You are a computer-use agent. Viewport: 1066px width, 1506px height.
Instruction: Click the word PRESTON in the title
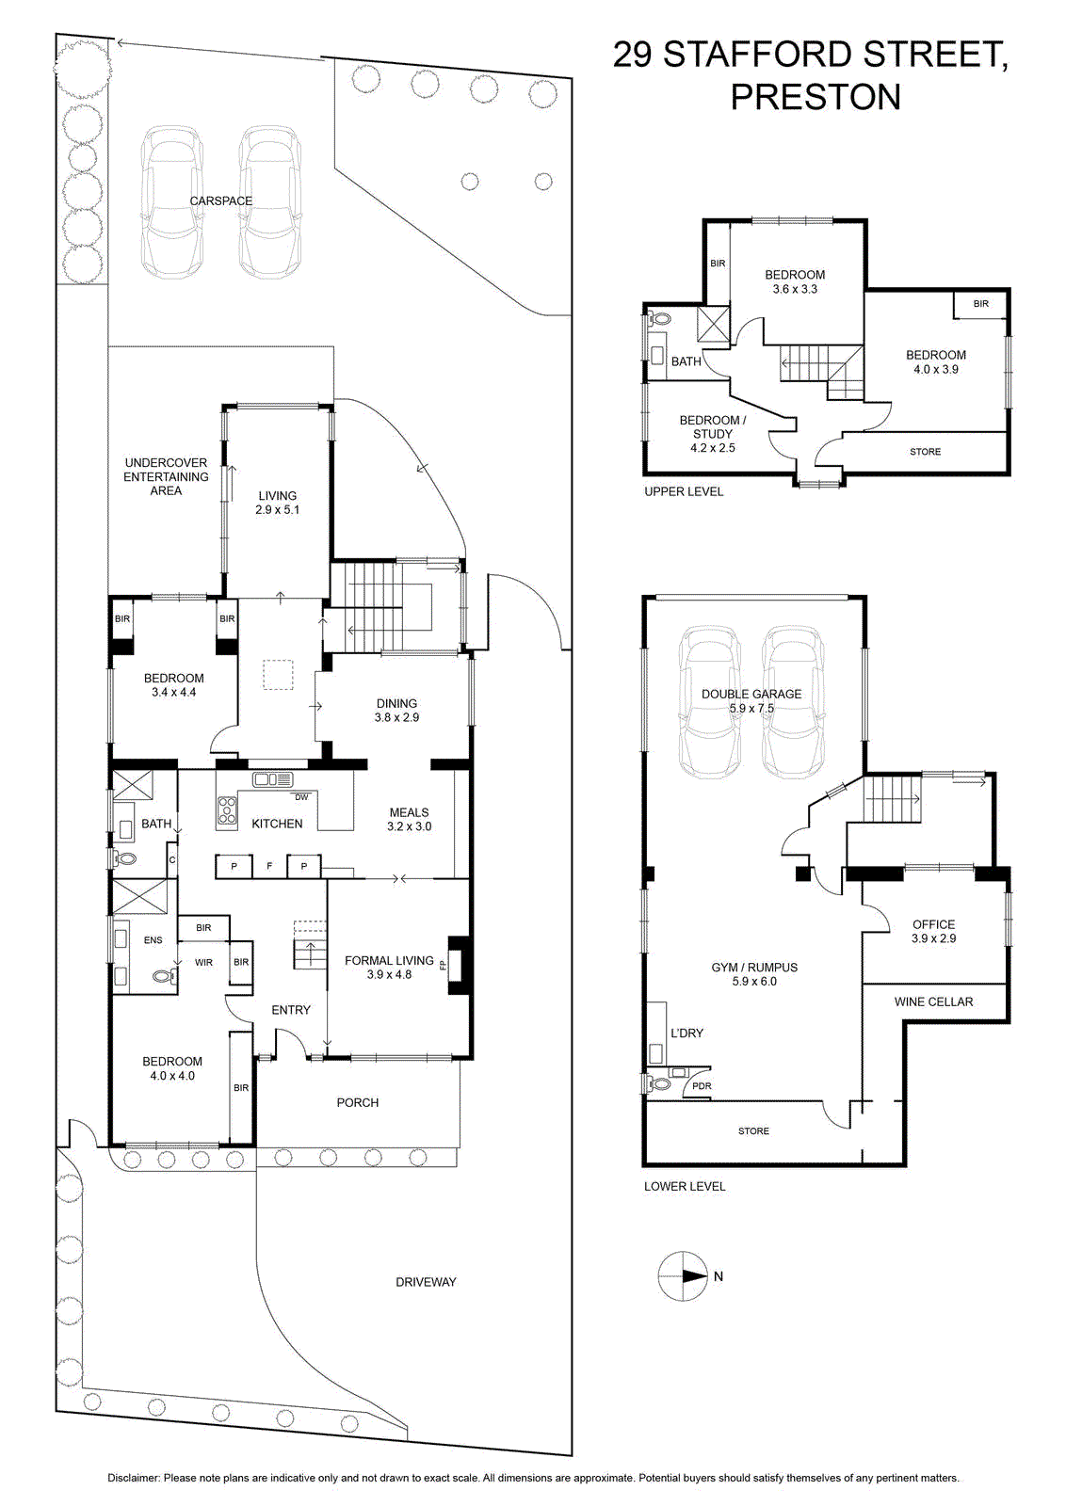click(816, 97)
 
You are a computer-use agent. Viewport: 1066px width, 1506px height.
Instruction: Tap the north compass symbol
click(683, 1276)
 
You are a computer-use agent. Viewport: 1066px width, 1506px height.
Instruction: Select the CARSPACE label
click(220, 201)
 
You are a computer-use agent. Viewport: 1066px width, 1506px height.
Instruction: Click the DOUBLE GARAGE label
click(751, 694)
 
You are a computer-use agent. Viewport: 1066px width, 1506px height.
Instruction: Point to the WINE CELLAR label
click(933, 1001)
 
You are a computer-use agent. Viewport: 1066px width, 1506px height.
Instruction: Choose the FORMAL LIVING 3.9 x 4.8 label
click(389, 968)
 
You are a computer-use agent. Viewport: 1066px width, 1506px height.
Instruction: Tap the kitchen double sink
click(272, 780)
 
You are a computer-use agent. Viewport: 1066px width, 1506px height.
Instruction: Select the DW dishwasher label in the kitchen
click(302, 797)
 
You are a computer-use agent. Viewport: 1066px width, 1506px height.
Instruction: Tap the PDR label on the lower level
click(702, 1086)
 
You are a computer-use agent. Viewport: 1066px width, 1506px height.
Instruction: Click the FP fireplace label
click(443, 966)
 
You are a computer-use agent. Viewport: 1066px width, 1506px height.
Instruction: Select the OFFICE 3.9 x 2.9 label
click(933, 931)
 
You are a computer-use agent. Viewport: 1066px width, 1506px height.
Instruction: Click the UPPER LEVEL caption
click(684, 491)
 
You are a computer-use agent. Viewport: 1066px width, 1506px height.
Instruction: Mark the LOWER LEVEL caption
click(685, 1187)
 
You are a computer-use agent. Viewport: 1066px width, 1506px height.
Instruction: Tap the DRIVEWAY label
click(426, 1282)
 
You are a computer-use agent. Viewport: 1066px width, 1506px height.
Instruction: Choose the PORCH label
click(357, 1102)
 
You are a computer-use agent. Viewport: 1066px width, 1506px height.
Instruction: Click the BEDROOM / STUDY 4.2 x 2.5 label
click(712, 434)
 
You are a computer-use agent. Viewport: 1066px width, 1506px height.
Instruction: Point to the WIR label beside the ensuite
click(203, 963)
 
